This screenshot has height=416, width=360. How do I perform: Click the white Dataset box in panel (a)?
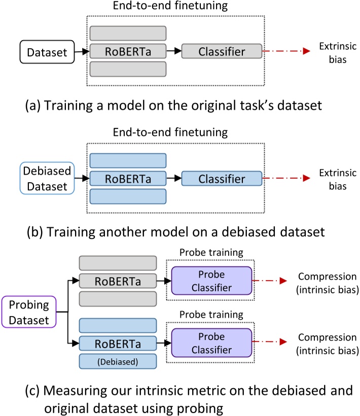tap(47, 52)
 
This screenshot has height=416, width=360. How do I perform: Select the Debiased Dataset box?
tap(47, 178)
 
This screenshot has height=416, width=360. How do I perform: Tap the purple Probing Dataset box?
tap(29, 312)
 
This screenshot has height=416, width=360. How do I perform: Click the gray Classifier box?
tap(222, 51)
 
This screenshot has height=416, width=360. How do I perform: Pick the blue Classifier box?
tap(222, 179)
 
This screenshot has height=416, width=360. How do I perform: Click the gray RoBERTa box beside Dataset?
tap(128, 51)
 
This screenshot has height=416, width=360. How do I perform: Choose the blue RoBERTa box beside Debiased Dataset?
tap(128, 179)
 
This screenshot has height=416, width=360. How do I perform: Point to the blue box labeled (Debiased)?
tap(118, 361)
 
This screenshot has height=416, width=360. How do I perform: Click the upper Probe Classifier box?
tap(211, 281)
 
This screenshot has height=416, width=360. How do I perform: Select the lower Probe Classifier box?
tap(211, 343)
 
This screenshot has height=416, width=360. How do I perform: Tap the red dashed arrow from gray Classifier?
tap(286, 51)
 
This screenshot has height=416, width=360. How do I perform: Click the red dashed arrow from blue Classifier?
tap(286, 178)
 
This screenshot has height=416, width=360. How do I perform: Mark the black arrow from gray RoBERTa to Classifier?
tap(174, 51)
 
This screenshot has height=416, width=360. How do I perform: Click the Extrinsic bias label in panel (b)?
tap(338, 180)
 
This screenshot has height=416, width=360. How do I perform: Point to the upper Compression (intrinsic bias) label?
tap(328, 283)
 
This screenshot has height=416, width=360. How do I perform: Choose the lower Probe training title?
tap(211, 315)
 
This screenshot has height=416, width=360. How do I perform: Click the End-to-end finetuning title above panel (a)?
tap(170, 6)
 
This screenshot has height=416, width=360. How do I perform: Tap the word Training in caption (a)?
tap(68, 106)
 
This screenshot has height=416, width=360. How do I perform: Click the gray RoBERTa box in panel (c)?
tap(118, 281)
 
